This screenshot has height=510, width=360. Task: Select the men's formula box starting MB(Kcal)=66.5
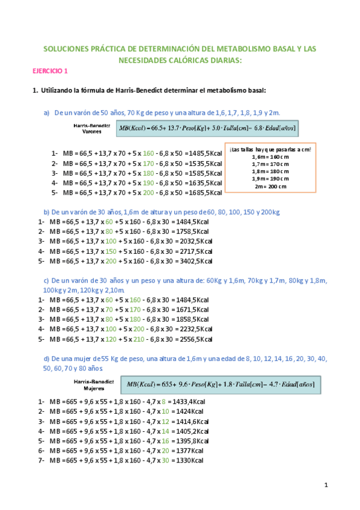coord(208,128)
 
